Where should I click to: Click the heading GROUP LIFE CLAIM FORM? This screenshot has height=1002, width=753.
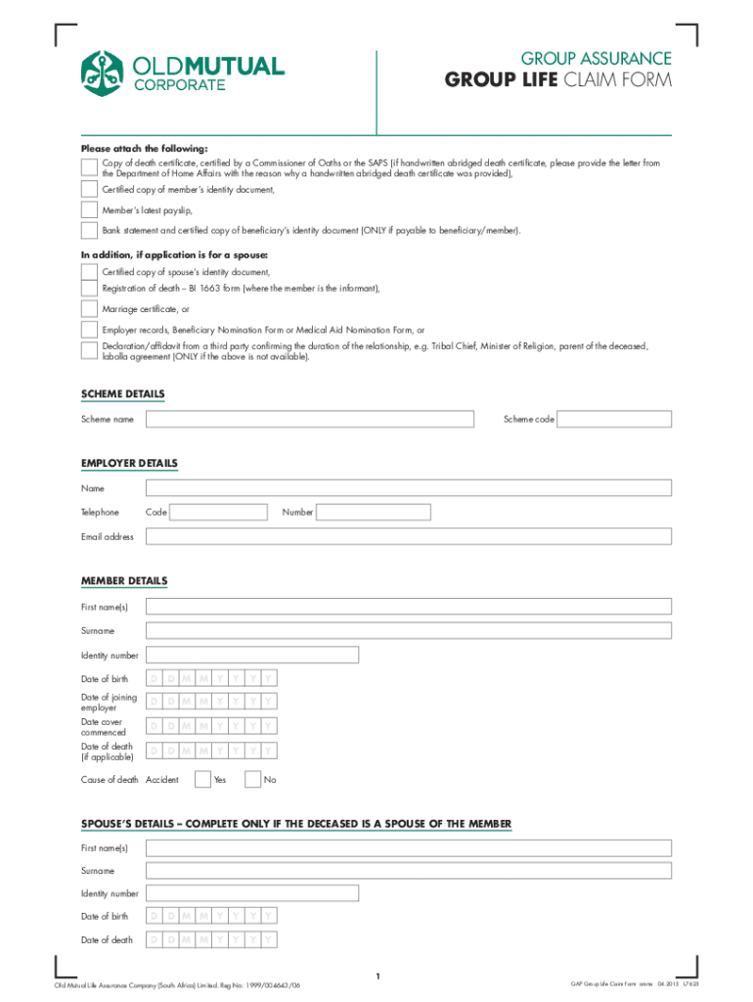[558, 80]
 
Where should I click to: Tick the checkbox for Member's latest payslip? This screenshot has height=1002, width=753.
[89, 209]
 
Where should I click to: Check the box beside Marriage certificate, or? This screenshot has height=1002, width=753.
[89, 309]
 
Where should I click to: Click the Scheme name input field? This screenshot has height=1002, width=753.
[310, 419]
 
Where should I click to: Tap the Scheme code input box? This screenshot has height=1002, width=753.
[615, 419]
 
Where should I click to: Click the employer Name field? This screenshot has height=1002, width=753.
[408, 487]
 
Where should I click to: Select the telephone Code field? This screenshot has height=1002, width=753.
[219, 512]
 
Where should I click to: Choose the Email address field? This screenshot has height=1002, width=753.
[408, 536]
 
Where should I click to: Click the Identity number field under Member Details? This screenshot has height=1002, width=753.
[251, 655]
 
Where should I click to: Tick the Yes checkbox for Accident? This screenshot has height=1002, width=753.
[202, 780]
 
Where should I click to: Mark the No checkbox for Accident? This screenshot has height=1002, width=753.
[253, 780]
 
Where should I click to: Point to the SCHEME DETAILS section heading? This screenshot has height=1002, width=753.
[122, 394]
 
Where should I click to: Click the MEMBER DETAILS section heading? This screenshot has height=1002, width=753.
[123, 581]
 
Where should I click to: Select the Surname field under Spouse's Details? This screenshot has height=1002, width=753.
[408, 870]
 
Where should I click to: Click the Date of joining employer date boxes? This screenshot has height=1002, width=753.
[210, 702]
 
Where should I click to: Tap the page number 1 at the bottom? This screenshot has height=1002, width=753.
[376, 976]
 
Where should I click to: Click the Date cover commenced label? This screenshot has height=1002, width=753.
[103, 726]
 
